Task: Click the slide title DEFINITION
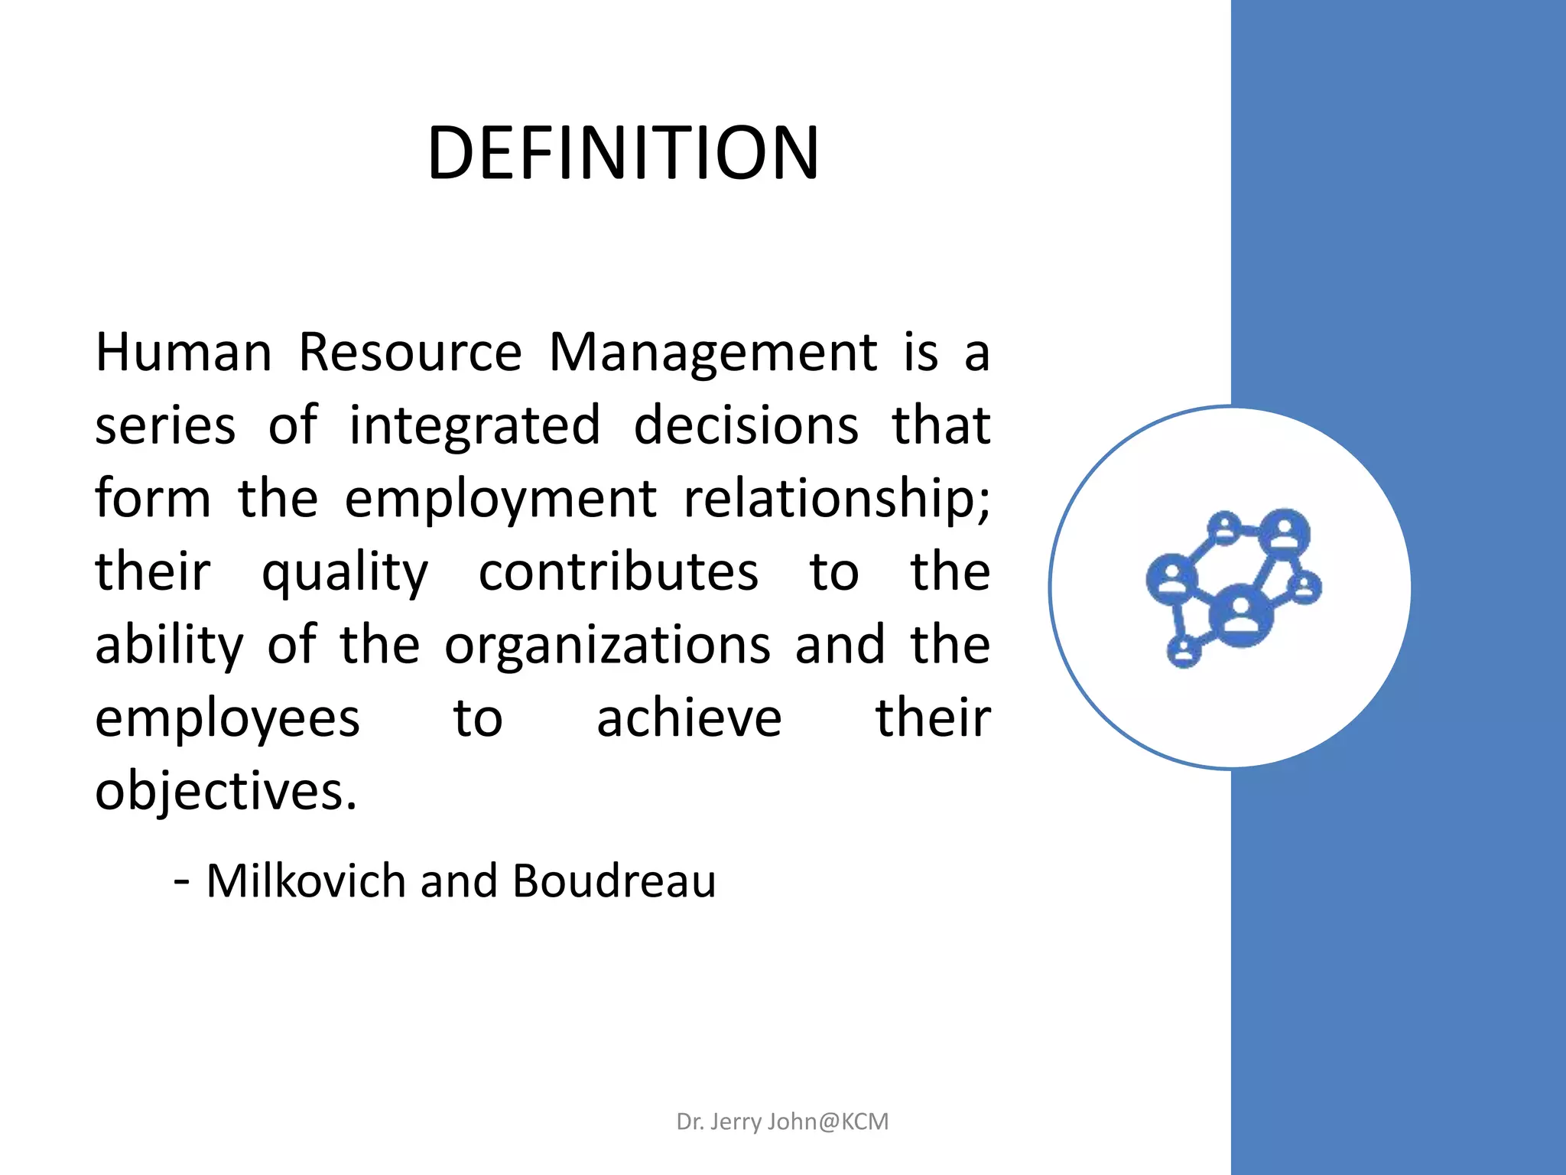tap(623, 153)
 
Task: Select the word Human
tap(184, 353)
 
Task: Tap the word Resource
tap(410, 353)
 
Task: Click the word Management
tap(713, 354)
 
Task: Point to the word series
tap(165, 426)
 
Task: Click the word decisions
tap(746, 426)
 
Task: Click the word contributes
tap(619, 573)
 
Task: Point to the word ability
tap(169, 646)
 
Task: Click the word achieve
tap(689, 719)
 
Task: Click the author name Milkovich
tap(305, 881)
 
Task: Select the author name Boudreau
tap(614, 881)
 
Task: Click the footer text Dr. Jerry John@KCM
tap(782, 1121)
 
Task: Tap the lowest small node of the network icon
tap(1184, 652)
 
